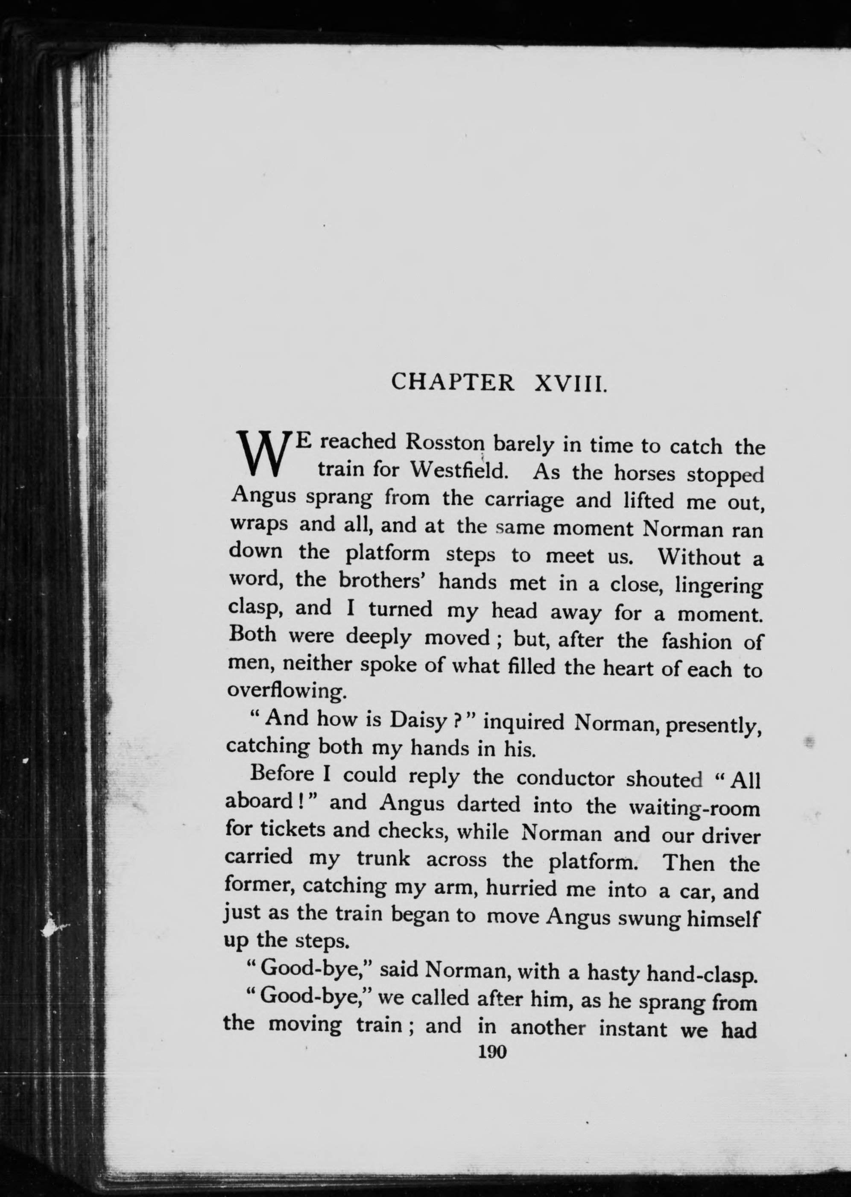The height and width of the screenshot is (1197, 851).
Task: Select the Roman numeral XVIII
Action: [570, 383]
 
